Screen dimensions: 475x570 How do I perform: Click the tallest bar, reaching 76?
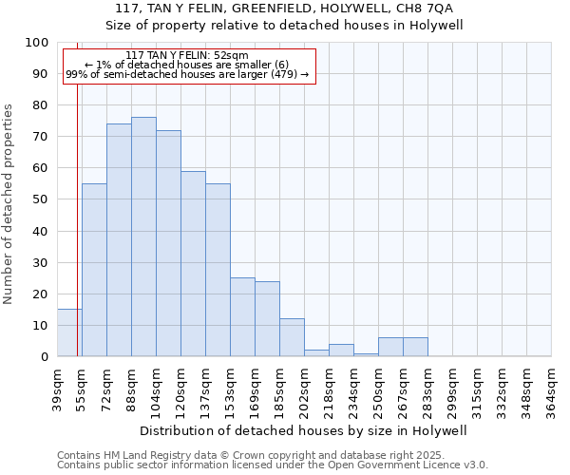pos(143,237)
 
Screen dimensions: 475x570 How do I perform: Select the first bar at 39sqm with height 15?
pos(69,332)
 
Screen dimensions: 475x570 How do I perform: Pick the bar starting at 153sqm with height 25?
pos(242,316)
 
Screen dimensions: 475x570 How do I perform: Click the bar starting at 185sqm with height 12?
pos(292,337)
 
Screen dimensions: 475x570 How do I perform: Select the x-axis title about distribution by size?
pos(303,431)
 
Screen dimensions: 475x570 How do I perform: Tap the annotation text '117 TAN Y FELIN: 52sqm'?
pos(187,55)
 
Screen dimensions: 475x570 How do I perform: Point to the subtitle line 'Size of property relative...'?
pos(284,26)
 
